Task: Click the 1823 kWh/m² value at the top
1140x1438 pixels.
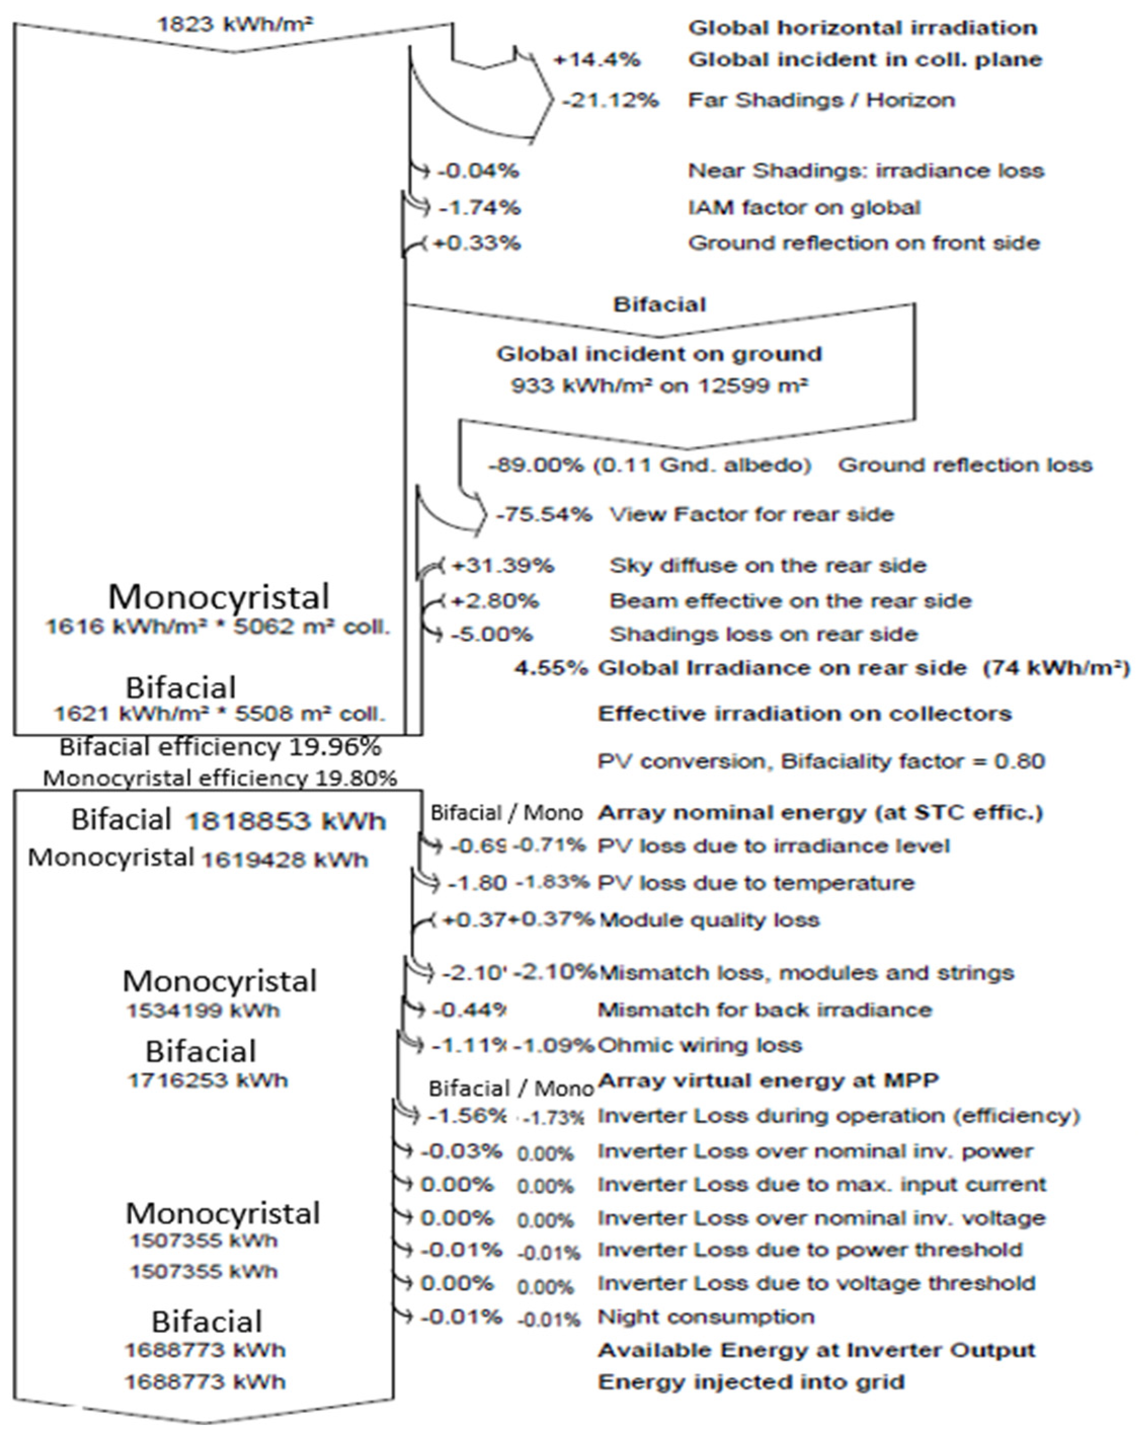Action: [235, 25]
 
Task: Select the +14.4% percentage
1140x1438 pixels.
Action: [596, 60]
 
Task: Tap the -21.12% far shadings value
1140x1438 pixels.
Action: [609, 101]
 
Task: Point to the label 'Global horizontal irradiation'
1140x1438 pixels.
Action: [862, 28]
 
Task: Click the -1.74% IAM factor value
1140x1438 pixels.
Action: [479, 208]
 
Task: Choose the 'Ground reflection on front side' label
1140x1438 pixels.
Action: [863, 243]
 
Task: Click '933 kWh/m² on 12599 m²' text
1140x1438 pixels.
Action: [659, 386]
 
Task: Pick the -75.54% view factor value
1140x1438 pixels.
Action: [544, 515]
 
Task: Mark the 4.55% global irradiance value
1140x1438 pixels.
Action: [550, 668]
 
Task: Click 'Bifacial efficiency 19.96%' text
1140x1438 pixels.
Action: [220, 747]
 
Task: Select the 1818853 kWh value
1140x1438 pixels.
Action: [286, 821]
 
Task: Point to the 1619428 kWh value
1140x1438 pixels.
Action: [284, 860]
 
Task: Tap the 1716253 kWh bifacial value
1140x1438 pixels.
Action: [208, 1080]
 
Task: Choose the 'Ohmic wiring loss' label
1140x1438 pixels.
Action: [699, 1045]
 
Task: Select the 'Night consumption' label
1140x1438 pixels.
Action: [706, 1317]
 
